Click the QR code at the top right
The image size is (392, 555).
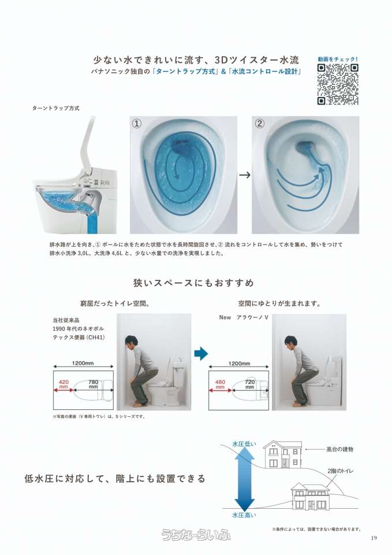pos(338,84)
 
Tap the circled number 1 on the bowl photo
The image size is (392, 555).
pos(137,124)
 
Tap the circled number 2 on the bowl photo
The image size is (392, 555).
pos(259,124)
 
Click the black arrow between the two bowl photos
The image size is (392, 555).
pos(245,175)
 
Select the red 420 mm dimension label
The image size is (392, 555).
pos(64,384)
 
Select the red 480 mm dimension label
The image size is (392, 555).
pos(220,384)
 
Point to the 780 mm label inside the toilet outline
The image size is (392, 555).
pos(94,384)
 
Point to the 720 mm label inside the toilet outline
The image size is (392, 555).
pos(249,384)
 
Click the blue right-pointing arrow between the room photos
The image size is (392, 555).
pos(201,353)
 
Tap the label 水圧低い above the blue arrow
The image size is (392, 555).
pos(244,444)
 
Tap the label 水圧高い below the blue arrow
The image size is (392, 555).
pos(244,515)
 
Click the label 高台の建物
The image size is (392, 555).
pos(339,449)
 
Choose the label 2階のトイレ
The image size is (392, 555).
pos(341,471)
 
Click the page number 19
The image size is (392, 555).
pos(374,538)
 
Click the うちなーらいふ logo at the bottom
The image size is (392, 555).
pos(196,534)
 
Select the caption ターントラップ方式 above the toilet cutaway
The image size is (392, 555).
pos(56,108)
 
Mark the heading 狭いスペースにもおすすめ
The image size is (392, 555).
pos(194,283)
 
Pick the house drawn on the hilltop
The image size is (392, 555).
pos(282,454)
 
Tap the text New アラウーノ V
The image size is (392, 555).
pos(244,317)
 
